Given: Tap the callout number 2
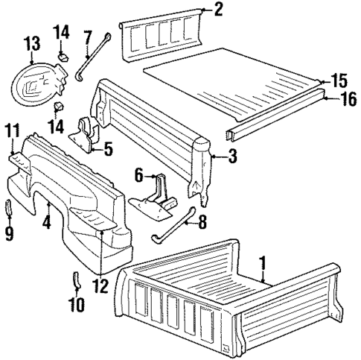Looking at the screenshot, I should [x=217, y=10].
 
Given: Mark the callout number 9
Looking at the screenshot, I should [x=10, y=233].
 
